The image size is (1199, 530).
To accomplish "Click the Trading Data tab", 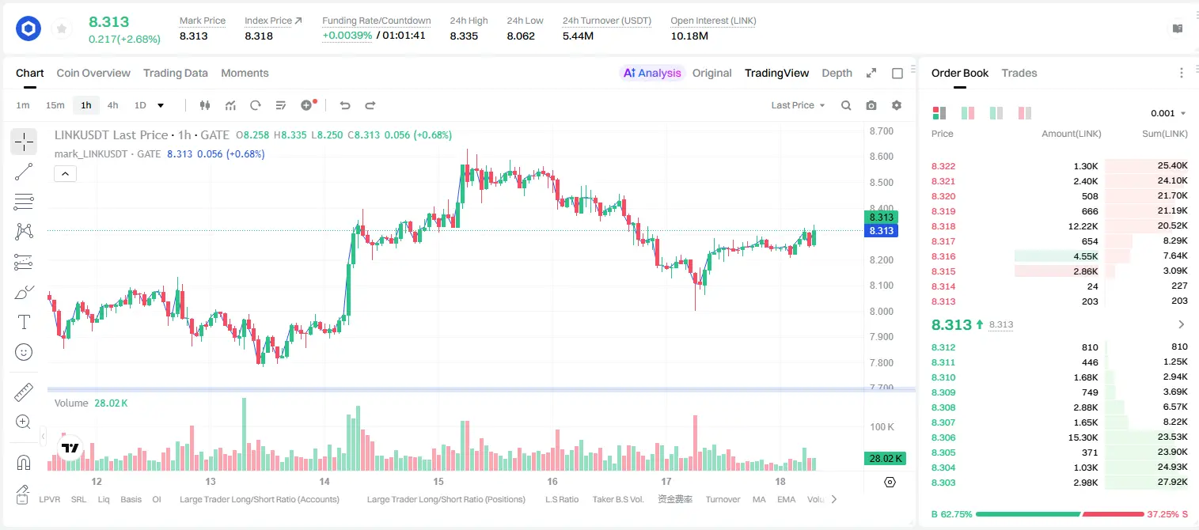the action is tap(175, 74).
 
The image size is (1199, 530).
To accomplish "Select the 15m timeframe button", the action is tap(55, 105).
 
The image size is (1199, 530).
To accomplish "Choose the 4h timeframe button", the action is tap(112, 105).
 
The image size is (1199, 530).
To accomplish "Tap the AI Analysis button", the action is tap(652, 74).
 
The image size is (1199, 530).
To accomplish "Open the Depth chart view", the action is tap(837, 74).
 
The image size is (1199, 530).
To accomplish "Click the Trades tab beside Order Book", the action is tap(1019, 74).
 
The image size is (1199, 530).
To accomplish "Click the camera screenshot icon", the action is tap(871, 105).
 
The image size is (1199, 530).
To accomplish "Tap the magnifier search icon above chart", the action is tap(846, 105).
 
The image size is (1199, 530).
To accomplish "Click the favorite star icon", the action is tap(62, 28).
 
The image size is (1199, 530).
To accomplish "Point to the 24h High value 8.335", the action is tap(464, 36).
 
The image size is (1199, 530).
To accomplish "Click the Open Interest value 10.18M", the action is tap(689, 36).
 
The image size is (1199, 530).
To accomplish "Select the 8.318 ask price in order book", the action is tap(943, 226).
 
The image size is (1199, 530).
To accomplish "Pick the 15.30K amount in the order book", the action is tap(1083, 437).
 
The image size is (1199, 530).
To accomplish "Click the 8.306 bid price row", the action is tap(943, 437).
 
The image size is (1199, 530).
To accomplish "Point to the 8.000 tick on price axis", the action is tap(882, 311).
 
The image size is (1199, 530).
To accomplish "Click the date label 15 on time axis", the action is tap(438, 481).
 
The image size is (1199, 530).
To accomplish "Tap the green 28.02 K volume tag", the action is tap(886, 458).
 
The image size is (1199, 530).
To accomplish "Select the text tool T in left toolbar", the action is tap(24, 322).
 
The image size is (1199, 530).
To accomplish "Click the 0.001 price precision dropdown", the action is tap(1168, 113).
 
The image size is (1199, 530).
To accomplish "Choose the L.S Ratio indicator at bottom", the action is tap(562, 499).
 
